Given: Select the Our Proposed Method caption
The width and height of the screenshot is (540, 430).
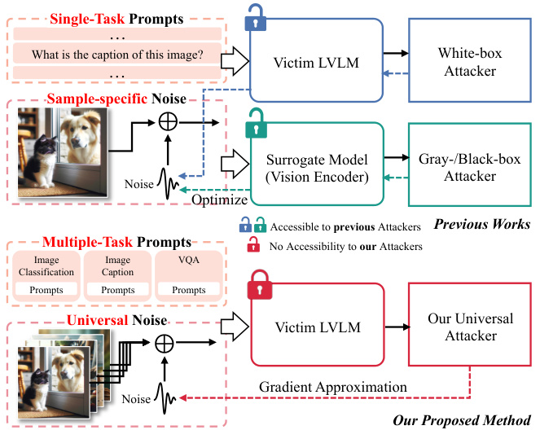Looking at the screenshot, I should (461, 420).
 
